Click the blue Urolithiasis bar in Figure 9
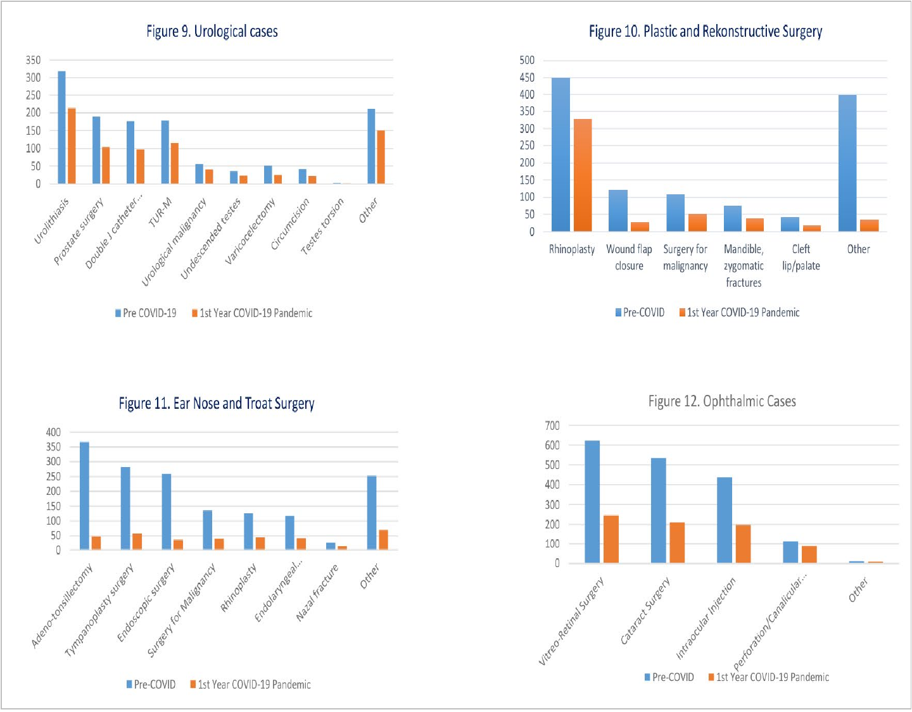point(61,127)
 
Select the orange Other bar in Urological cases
point(381,157)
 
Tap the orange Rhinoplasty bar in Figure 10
point(583,175)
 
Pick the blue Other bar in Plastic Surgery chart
point(847,163)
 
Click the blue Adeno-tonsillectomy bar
point(84,496)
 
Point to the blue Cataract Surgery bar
point(659,510)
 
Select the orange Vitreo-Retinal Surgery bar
point(611,539)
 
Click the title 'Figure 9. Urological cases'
point(212,32)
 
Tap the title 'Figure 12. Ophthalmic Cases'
point(722,401)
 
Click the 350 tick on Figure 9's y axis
point(33,60)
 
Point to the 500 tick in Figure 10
point(527,60)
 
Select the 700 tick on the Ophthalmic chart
point(552,425)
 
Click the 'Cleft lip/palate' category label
point(801,257)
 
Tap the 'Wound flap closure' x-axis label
point(629,257)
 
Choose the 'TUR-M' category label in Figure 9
point(160,213)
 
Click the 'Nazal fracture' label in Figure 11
point(317,592)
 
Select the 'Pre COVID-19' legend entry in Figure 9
point(146,313)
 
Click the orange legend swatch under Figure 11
point(193,684)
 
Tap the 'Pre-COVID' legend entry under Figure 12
point(669,677)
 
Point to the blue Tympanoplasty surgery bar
point(125,508)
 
